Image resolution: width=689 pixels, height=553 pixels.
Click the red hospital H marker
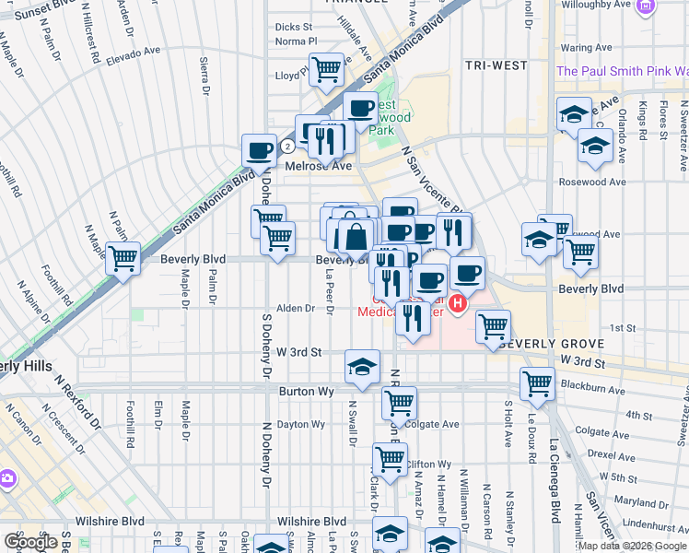(458, 300)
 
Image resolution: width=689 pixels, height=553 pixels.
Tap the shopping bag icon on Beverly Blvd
(356, 238)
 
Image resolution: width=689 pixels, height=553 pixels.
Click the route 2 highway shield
(288, 146)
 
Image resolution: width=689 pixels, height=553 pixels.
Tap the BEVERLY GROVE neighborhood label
(552, 344)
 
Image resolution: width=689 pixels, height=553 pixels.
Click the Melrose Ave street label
(319, 166)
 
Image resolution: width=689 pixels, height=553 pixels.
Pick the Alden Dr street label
(296, 309)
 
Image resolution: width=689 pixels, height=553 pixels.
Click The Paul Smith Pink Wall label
(622, 71)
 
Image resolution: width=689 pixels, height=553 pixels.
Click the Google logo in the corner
(30, 542)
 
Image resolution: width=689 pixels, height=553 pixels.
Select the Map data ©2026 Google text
(631, 546)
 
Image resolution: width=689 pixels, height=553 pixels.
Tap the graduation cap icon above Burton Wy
(362, 366)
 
